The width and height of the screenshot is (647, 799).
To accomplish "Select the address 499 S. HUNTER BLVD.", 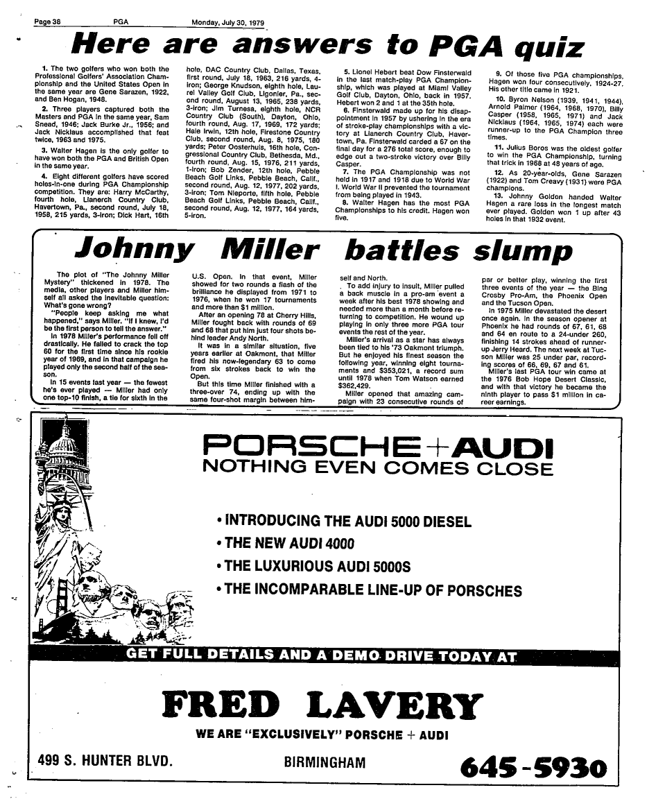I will [x=105, y=762].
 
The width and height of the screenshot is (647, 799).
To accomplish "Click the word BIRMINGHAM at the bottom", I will [x=325, y=762].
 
